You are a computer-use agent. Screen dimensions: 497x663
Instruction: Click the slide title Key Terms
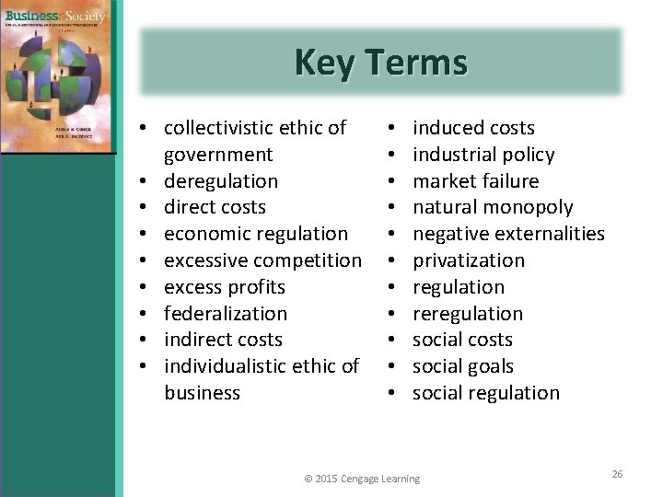pyautogui.click(x=381, y=63)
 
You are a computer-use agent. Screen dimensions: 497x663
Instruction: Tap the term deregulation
pyautogui.click(x=220, y=181)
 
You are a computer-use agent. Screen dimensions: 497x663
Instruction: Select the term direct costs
pyautogui.click(x=215, y=207)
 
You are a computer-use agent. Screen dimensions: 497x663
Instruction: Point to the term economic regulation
pyautogui.click(x=256, y=234)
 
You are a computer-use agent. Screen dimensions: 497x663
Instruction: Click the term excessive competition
pyautogui.click(x=262, y=260)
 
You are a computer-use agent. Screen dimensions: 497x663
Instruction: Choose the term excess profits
pyautogui.click(x=225, y=287)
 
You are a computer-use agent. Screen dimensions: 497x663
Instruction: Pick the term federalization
pyautogui.click(x=226, y=314)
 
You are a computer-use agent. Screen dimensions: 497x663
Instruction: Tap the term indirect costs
pyautogui.click(x=223, y=340)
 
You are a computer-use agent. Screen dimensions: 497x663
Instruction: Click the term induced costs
pyautogui.click(x=473, y=128)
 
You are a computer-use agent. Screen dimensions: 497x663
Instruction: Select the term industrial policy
pyautogui.click(x=483, y=155)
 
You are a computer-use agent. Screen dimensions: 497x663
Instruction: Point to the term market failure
pyautogui.click(x=475, y=181)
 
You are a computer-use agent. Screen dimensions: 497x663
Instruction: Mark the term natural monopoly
pyautogui.click(x=493, y=207)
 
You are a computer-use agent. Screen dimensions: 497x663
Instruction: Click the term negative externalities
pyautogui.click(x=508, y=234)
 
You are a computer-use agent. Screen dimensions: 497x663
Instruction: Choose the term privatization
pyautogui.click(x=469, y=260)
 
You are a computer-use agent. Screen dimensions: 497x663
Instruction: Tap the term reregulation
pyautogui.click(x=468, y=314)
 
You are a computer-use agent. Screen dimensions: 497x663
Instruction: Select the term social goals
pyautogui.click(x=462, y=366)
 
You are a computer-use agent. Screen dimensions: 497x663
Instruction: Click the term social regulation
pyautogui.click(x=485, y=393)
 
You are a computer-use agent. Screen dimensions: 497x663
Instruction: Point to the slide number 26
pyautogui.click(x=617, y=474)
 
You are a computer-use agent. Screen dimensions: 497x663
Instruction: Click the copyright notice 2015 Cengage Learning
pyautogui.click(x=362, y=479)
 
